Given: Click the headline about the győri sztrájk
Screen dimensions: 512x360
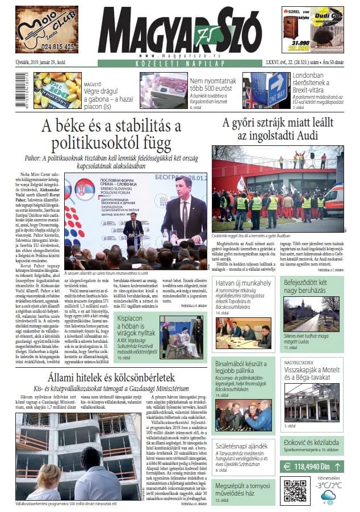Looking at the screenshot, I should [278, 129].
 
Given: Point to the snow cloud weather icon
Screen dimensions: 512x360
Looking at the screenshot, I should [328, 497].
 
